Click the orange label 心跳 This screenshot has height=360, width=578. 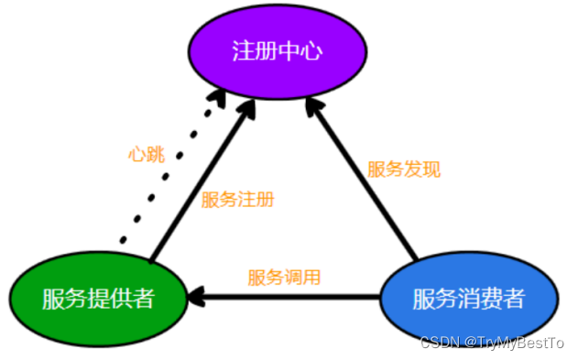pos(145,154)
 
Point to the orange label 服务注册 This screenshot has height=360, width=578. pos(237,200)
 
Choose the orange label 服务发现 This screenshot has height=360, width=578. pos(403,169)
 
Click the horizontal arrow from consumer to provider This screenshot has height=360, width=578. pos(293,297)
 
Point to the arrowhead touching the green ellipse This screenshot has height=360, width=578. pos(198,297)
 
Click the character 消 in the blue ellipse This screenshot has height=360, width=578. pos(468,299)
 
